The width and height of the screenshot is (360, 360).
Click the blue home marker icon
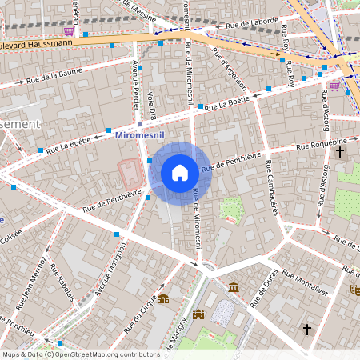pyautogui.click(x=180, y=173)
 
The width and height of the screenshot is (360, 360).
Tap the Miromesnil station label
pyautogui.click(x=141, y=137)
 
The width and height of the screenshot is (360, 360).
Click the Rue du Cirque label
pyautogui.click(x=143, y=315)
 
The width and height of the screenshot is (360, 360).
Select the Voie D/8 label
pyautogui.click(x=150, y=103)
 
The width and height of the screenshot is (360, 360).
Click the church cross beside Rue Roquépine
pyautogui.click(x=340, y=151)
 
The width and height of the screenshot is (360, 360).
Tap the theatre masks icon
pyautogui.click(x=354, y=291)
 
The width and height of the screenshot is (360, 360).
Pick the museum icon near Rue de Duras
pyautogui.click(x=233, y=287)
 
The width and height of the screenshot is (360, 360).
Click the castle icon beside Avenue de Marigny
pyautogui.click(x=198, y=314)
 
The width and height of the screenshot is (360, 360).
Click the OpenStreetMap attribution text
pyautogui.click(x=81, y=354)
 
